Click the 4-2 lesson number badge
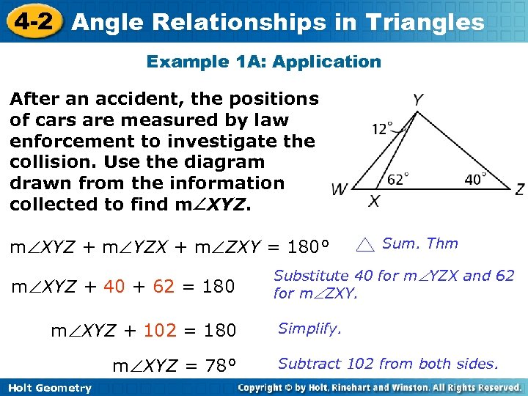point(32,21)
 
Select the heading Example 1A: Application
point(264,62)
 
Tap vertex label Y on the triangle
point(417,99)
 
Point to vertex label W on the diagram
point(339,190)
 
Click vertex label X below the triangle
point(374,202)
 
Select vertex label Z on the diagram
point(519,190)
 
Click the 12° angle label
point(382,129)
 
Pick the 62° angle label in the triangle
point(397,178)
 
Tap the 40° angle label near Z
point(475,178)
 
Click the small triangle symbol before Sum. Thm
point(367,245)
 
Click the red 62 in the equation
point(164,286)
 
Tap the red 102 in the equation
point(161,331)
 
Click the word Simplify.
point(309,329)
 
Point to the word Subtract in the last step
point(307,363)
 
